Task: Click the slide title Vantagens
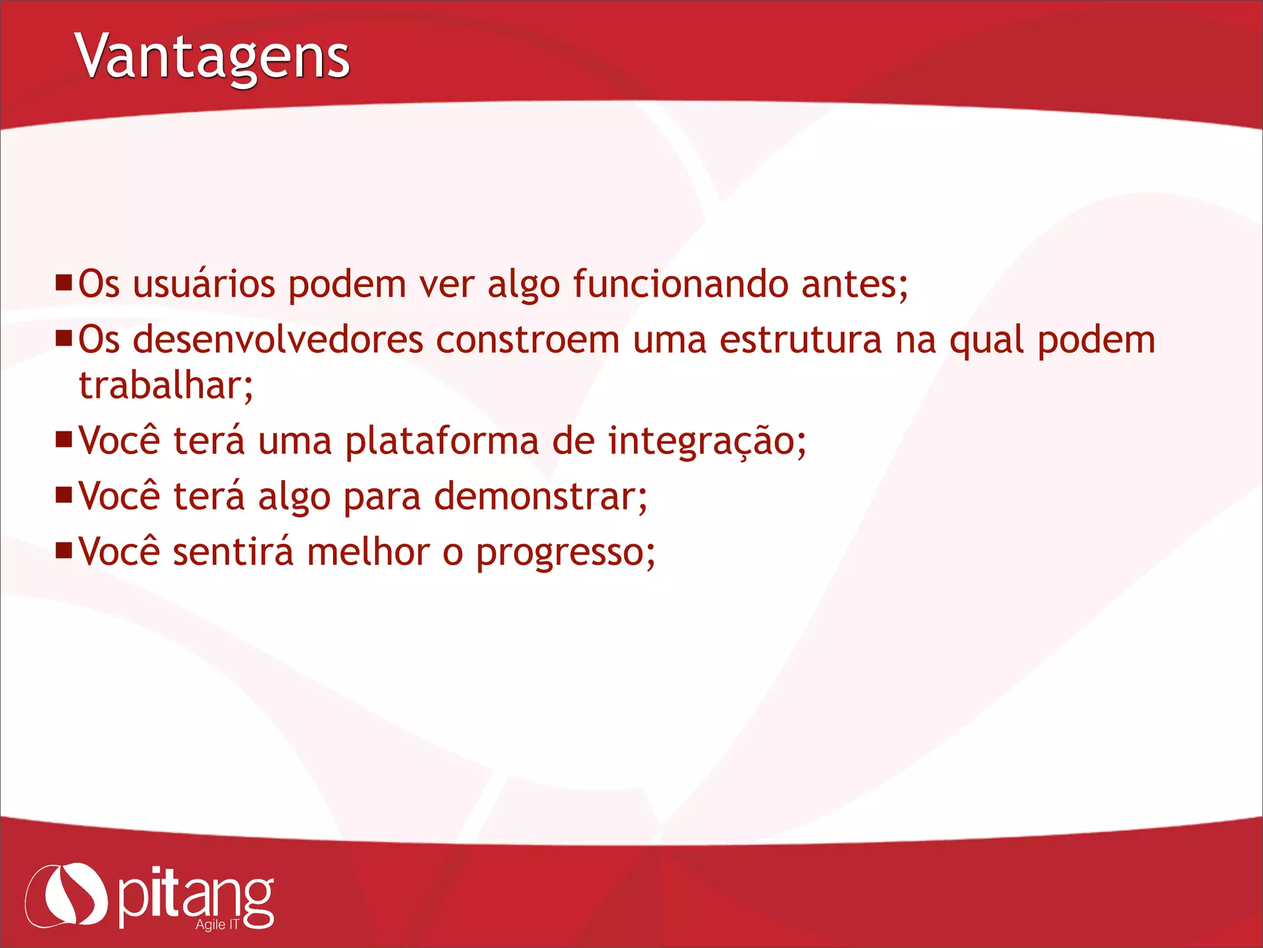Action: tap(213, 57)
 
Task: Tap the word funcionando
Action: tap(680, 285)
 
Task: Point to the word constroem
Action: tap(527, 341)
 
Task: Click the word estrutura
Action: tap(800, 341)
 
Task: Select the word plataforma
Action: tap(442, 442)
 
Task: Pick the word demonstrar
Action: tap(540, 497)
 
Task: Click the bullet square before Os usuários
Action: tap(64, 283)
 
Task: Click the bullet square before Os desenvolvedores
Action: tap(64, 338)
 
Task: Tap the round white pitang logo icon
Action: tap(67, 895)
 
